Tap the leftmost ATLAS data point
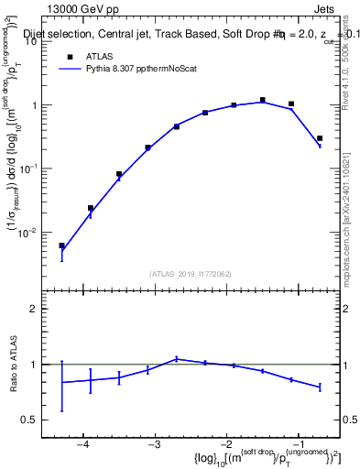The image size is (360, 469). [61, 245]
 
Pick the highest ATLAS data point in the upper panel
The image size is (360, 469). [262, 100]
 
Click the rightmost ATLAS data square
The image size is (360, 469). [319, 139]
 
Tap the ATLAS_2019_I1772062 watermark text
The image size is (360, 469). [191, 273]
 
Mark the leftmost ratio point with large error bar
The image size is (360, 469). [61, 382]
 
